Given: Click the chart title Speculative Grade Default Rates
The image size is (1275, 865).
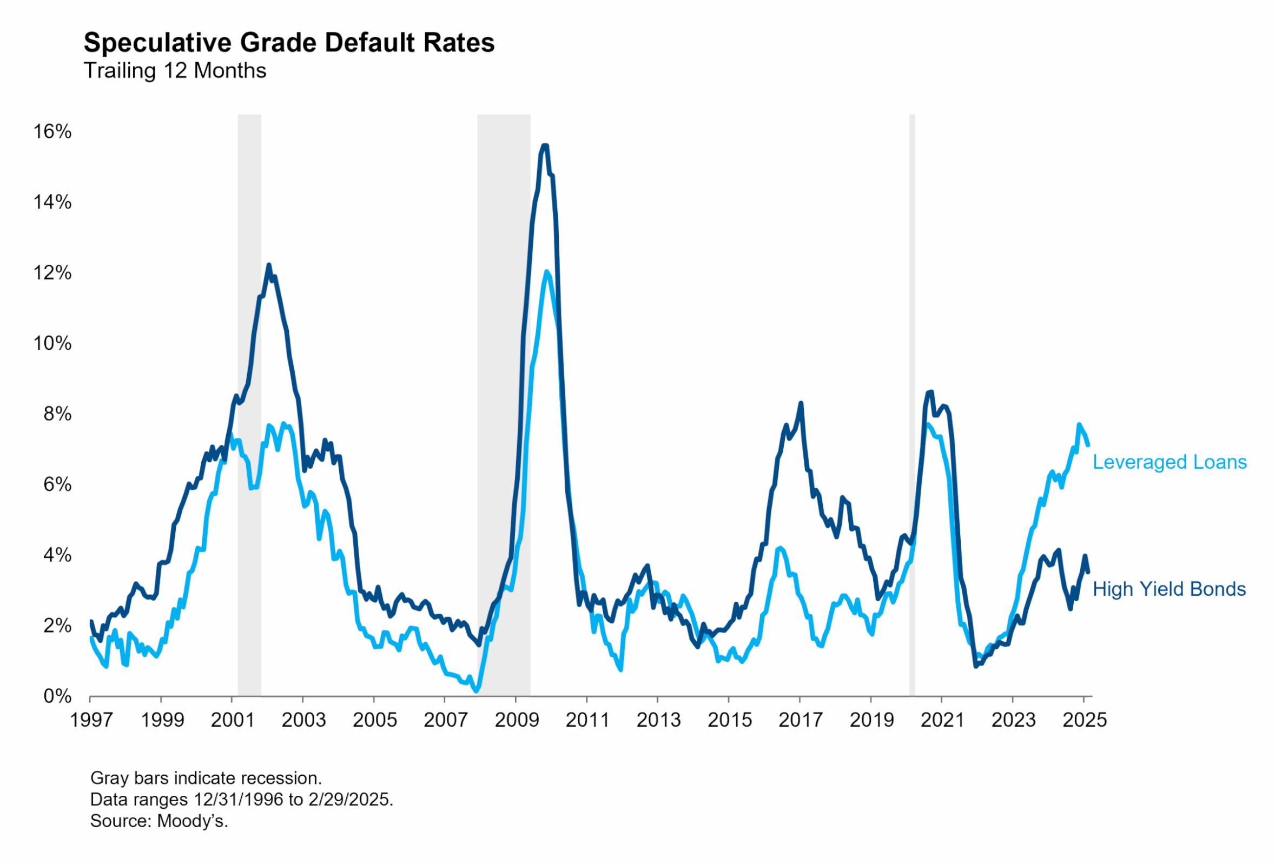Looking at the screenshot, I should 289,43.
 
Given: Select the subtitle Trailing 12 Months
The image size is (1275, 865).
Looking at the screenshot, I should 175,71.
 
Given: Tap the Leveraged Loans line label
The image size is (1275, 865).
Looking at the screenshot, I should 1169,462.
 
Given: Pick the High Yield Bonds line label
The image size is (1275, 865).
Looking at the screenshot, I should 1169,589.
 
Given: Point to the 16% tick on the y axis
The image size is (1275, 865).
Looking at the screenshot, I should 52,131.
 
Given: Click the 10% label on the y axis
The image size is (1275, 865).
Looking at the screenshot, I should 52,344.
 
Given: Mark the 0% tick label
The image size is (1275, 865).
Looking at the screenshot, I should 57,697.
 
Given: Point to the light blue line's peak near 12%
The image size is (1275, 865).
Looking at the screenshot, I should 546,272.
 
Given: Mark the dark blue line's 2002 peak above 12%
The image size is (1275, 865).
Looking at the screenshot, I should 269,265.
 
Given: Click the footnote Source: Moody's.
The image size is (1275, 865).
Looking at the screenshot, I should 158,821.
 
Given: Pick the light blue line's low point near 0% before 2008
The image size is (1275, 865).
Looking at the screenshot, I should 476,691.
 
